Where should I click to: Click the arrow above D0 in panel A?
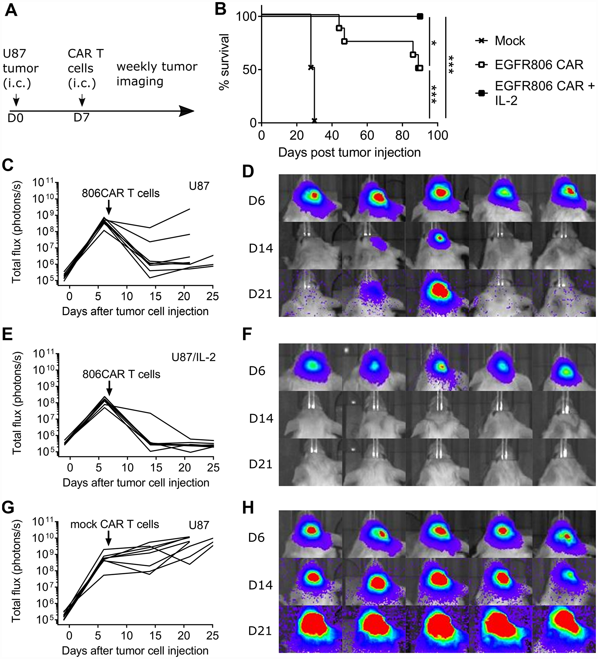pos(16,100)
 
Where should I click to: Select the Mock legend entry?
pos(509,41)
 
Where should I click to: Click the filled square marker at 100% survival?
pos(420,16)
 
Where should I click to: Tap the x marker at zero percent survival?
pos(314,121)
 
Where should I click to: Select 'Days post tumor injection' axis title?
pos(349,153)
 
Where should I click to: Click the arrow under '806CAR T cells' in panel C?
pos(109,207)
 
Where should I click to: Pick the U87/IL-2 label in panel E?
pos(193,357)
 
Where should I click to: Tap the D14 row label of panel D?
pos(260,248)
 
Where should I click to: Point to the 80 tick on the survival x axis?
pos(402,135)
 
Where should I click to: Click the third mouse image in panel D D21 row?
pos(437,293)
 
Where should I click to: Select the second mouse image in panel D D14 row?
pos(373,246)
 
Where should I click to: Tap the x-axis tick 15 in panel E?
pos(156,468)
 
